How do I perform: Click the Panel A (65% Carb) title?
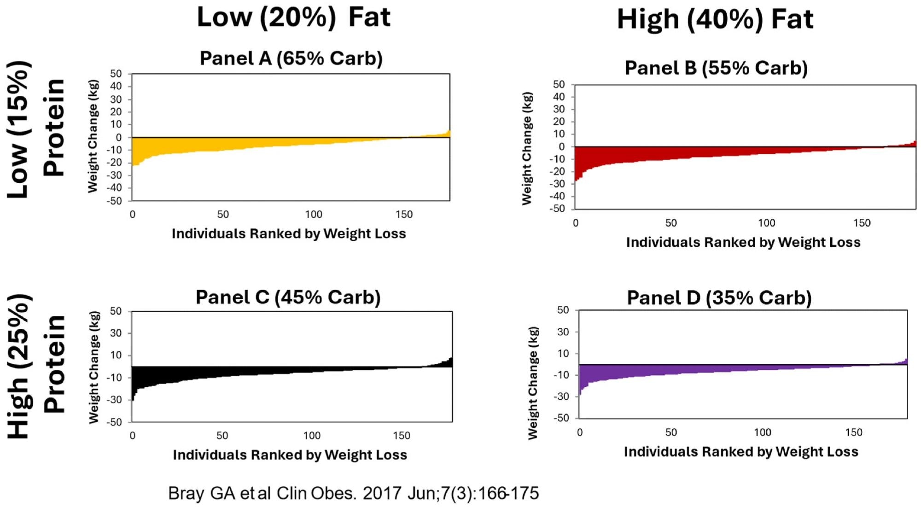[x=291, y=58]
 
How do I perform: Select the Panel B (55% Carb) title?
[x=716, y=68]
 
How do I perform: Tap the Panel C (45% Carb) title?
[x=288, y=297]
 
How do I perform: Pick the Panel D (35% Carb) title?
[x=719, y=298]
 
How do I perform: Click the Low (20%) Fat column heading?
[x=293, y=17]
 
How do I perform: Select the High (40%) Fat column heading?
[x=715, y=19]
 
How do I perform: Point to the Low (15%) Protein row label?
[x=36, y=129]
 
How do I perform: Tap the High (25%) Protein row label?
[x=36, y=366]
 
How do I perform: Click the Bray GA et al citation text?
[x=353, y=493]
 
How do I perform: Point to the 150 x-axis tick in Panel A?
[x=404, y=215]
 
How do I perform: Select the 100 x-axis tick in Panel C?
[x=312, y=436]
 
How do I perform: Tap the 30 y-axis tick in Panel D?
[x=563, y=332]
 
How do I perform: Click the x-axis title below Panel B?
[x=743, y=242]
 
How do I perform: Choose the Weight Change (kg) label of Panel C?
[x=94, y=367]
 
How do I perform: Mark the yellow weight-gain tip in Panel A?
[x=448, y=134]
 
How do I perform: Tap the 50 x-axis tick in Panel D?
[x=671, y=432]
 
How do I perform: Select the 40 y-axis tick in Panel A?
[x=116, y=86]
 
